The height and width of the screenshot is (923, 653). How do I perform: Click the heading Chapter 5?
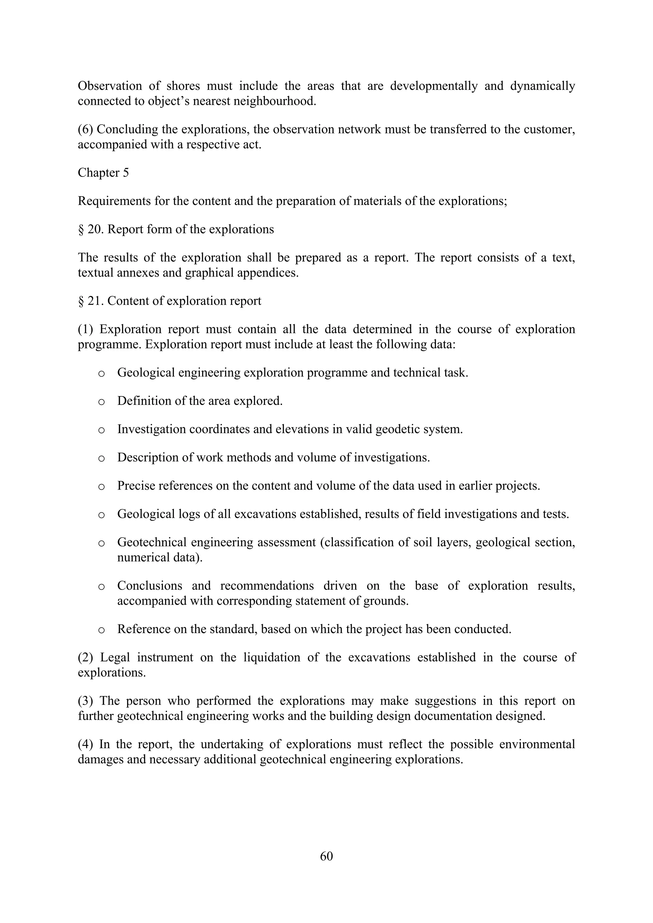(103, 173)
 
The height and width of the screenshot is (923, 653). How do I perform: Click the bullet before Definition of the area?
(101, 401)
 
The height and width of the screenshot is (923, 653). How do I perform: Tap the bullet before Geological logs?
(101, 515)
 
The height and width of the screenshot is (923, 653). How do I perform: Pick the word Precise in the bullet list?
(136, 486)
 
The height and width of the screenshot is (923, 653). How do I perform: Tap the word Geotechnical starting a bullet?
(151, 542)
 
